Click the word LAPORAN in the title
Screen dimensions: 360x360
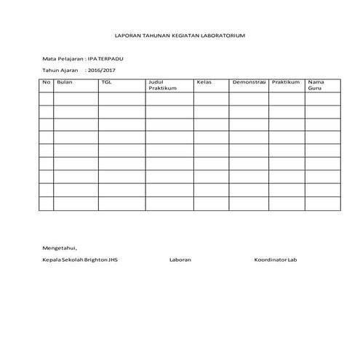coord(127,35)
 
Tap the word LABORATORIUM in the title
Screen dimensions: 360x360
coord(222,35)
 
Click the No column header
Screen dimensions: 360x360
coord(46,83)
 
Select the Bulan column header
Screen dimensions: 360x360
coord(65,83)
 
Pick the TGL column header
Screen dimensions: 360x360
coord(107,83)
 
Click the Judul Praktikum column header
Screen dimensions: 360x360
coord(162,85)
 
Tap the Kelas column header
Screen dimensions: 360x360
coord(204,83)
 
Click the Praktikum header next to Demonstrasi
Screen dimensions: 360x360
coord(286,83)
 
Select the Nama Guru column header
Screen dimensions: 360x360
coord(316,85)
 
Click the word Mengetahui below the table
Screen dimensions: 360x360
coord(59,247)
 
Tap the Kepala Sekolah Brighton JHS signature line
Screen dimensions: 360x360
coord(79,260)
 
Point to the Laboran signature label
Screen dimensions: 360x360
coord(180,260)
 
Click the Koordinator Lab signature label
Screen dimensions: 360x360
coord(276,260)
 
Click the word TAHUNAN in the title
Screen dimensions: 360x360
coord(155,35)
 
